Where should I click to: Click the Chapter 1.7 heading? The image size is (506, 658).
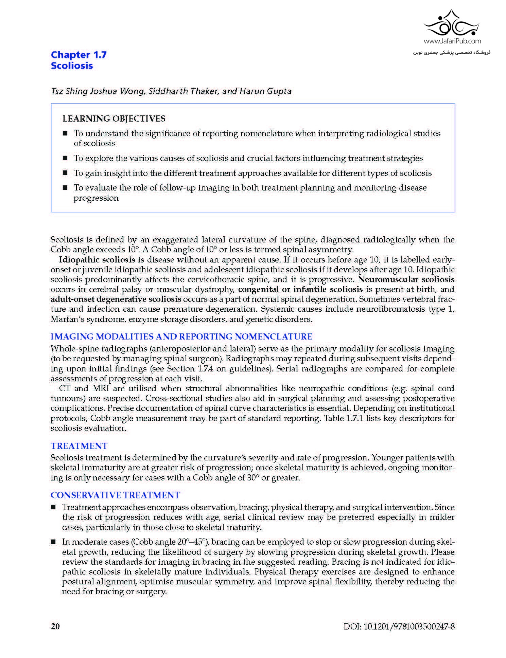coord(78,55)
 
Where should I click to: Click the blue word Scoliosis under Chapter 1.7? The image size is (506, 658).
coord(72,66)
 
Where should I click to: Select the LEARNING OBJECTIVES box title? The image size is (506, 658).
coord(114,118)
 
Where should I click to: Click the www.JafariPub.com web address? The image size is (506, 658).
coord(452,41)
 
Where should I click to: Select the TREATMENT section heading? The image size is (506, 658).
coord(79,446)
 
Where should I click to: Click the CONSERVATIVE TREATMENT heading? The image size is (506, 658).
coord(115,495)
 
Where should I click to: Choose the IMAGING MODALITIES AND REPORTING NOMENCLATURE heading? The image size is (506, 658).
coord(181,336)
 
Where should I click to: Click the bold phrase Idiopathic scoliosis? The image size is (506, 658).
coord(97,260)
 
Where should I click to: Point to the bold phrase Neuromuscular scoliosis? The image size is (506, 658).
coord(406,279)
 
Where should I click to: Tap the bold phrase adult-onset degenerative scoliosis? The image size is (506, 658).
coord(116,299)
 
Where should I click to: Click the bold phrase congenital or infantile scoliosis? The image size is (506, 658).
coord(300,289)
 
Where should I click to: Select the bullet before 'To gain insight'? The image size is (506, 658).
coord(65,173)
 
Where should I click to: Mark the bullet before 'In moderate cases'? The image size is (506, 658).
coord(53,542)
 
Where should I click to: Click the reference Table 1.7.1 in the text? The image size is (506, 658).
coord(343,418)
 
